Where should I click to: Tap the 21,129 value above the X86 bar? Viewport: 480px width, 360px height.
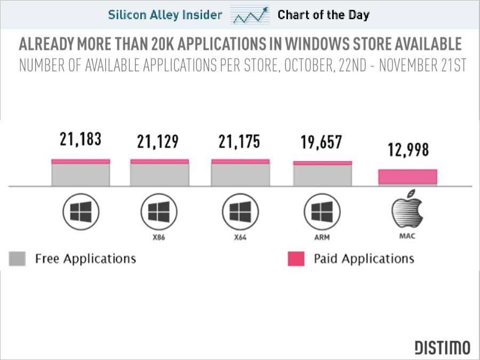tap(157, 142)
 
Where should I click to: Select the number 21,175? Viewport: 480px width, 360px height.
tap(239, 142)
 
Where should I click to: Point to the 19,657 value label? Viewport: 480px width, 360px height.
tap(321, 142)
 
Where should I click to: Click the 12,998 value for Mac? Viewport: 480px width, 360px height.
tap(407, 150)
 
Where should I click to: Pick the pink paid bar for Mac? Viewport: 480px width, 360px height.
tap(407, 177)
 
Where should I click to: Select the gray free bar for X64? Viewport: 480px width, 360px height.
tap(241, 174)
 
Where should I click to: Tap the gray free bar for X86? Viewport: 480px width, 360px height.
tap(159, 174)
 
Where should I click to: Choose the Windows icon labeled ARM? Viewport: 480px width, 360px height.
tap(322, 213)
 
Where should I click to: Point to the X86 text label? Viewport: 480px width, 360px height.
tap(159, 237)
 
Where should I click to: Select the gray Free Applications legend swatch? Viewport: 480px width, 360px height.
tap(18, 259)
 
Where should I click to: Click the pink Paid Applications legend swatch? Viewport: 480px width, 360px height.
tap(296, 259)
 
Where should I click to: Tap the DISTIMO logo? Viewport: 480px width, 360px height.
tap(443, 348)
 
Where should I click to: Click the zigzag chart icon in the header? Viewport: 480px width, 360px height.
tap(250, 15)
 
